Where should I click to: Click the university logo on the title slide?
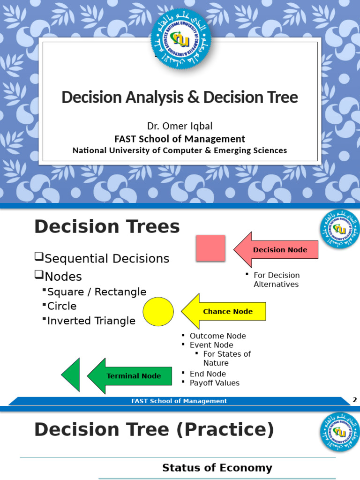(x=180, y=40)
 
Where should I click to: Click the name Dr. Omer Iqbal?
(x=180, y=126)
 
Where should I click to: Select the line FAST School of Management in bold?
(x=180, y=139)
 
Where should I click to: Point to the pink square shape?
(x=210, y=248)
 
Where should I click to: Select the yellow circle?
(x=158, y=312)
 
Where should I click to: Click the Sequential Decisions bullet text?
(x=107, y=259)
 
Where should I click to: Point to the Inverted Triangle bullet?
(x=91, y=321)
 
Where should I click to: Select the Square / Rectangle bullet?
(x=97, y=292)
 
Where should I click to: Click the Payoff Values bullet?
(x=214, y=383)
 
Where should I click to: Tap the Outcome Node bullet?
(x=217, y=336)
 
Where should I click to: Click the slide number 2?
(x=355, y=400)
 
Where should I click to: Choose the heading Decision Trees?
(x=107, y=227)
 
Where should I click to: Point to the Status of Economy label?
(x=217, y=468)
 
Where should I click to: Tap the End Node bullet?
(x=208, y=374)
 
